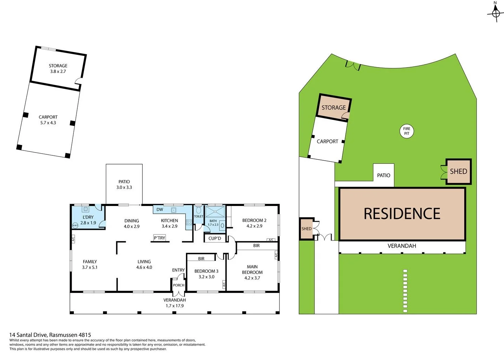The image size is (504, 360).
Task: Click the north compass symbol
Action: click(496, 13)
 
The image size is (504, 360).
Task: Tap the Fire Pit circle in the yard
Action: click(407, 131)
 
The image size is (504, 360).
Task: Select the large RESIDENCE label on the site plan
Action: click(402, 214)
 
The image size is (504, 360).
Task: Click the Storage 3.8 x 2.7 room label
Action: click(58, 69)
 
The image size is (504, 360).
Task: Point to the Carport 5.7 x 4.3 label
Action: click(48, 120)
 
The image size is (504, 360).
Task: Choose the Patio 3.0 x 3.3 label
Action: click(124, 185)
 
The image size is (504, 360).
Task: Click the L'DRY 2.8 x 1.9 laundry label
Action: click(88, 220)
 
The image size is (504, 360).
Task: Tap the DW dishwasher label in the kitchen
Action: click(160, 210)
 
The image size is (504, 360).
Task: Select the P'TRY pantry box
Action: click(160, 238)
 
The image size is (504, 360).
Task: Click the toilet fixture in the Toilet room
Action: click(199, 210)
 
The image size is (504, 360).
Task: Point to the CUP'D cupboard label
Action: click(215, 238)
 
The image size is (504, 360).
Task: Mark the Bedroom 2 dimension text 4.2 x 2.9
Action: click(254, 226)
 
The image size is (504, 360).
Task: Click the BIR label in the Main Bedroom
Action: click(257, 246)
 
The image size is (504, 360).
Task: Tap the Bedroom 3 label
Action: click(206, 271)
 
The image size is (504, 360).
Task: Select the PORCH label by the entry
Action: click(179, 285)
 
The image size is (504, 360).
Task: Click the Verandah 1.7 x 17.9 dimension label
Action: click(175, 306)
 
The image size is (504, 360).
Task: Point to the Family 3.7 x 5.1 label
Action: click(90, 264)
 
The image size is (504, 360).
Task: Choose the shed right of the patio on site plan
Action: click(458, 172)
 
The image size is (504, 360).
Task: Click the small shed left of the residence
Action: click(306, 229)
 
